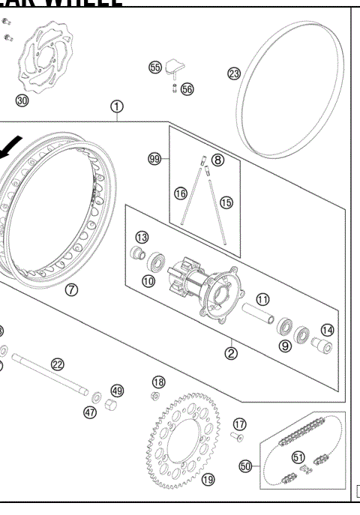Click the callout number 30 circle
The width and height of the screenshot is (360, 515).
click(x=22, y=100)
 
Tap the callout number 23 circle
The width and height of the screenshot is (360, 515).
click(x=234, y=73)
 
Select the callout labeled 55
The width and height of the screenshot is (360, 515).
click(x=155, y=67)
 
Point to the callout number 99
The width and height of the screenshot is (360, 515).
click(x=155, y=159)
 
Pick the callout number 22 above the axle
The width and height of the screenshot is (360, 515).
click(x=58, y=364)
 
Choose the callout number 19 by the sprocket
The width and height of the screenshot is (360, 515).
click(x=208, y=479)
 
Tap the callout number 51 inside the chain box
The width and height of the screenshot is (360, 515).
click(x=298, y=457)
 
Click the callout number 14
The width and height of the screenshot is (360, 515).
click(x=328, y=330)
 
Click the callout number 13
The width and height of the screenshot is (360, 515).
click(x=142, y=237)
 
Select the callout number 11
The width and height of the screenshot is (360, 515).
click(x=262, y=298)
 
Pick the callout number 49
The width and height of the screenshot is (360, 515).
click(x=117, y=391)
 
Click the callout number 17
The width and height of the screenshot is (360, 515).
click(x=239, y=424)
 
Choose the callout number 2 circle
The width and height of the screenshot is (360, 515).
click(x=231, y=352)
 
